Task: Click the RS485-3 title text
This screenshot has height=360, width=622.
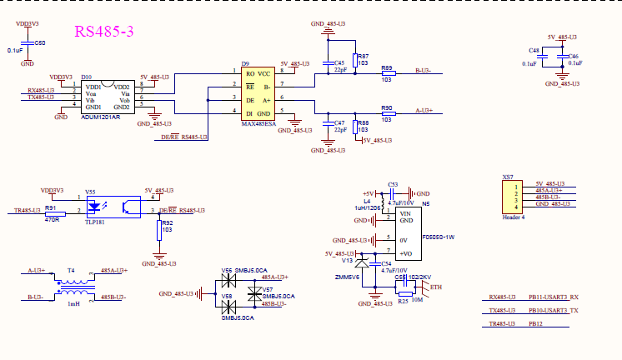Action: pos(104,32)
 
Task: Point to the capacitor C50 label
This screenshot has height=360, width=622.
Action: pos(40,42)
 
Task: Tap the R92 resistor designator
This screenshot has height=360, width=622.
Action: pos(167,223)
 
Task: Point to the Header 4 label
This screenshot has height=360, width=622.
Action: pos(512,217)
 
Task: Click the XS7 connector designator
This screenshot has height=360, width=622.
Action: pos(508,177)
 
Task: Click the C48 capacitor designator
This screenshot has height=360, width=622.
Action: pos(533,51)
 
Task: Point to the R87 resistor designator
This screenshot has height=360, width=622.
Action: pos(363,56)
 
